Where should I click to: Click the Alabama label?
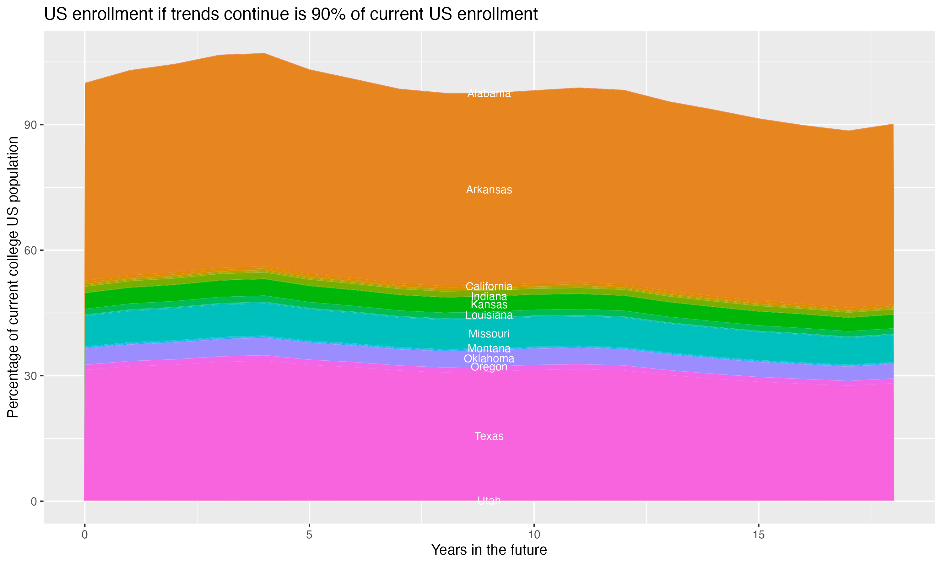click(489, 94)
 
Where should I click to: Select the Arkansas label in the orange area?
click(489, 190)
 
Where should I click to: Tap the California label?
click(489, 286)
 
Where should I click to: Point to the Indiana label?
click(489, 296)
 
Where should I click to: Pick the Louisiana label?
click(489, 315)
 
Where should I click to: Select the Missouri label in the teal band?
click(489, 334)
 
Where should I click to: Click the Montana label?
click(489, 348)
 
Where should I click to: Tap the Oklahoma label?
click(489, 359)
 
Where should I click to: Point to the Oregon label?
click(489, 367)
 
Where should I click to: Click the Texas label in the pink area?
click(489, 436)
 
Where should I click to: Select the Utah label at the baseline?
click(489, 501)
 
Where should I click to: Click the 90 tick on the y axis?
click(30, 125)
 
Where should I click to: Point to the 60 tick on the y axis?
click(30, 250)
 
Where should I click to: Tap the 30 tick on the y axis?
click(30, 376)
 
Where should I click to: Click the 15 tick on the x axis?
click(759, 535)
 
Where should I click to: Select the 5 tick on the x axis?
click(309, 535)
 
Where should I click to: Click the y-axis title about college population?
click(13, 277)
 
